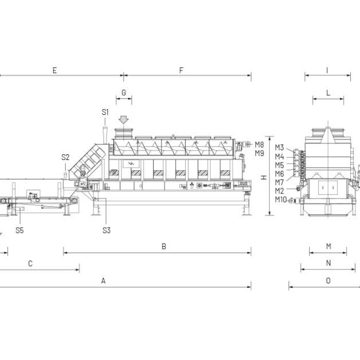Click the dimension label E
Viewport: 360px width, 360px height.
tap(55, 70)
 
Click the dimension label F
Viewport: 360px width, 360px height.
tap(181, 70)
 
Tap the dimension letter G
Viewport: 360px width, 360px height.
tap(124, 93)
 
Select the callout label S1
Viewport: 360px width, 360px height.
tap(105, 112)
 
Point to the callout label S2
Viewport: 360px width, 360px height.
tap(65, 157)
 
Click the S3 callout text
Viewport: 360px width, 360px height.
tap(106, 230)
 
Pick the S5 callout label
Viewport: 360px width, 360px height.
tap(20, 230)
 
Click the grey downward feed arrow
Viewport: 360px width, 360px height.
tap(123, 120)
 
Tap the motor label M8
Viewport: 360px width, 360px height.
tap(259, 145)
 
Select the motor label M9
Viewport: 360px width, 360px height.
tap(259, 153)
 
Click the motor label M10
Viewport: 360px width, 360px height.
tap(281, 200)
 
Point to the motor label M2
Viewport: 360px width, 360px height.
tap(279, 191)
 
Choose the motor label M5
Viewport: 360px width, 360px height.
tap(279, 165)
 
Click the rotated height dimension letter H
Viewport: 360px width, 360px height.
tap(264, 177)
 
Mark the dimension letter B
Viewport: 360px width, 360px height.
tap(164, 246)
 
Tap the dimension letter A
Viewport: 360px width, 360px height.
tap(103, 281)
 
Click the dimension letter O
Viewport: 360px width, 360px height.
tap(328, 281)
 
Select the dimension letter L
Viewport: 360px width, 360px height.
tap(328, 93)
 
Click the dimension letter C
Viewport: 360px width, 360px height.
tap(30, 263)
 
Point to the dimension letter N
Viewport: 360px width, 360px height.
tap(329, 263)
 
